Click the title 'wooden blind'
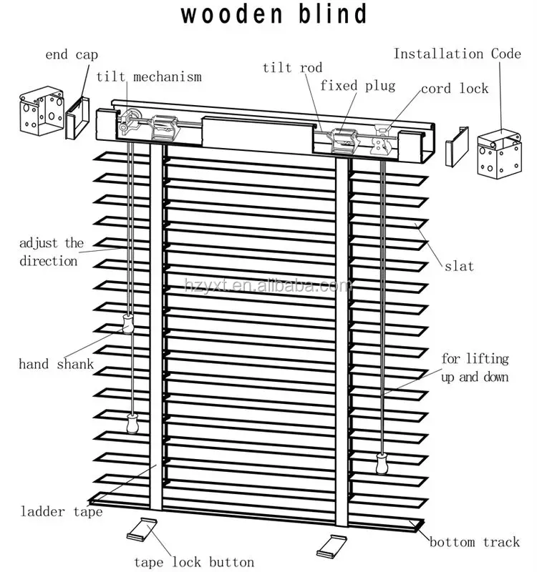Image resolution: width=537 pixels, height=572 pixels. pos(274,14)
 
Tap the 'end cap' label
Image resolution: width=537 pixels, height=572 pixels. pos(72,54)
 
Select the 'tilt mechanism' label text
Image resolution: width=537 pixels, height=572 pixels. pos(149,77)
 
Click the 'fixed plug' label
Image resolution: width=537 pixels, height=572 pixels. pos(357,86)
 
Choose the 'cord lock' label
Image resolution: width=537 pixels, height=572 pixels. pos(455,89)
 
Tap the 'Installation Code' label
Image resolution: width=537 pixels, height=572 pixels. pos(458,54)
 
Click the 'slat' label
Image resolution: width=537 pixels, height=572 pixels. pos(459,266)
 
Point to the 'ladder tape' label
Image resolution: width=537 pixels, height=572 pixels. pos(61,511)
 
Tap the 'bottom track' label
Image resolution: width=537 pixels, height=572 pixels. pos(475,542)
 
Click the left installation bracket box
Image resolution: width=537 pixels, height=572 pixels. pos(42,114)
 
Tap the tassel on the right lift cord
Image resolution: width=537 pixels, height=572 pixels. pos(382,465)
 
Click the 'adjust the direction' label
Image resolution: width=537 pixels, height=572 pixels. pos(49,252)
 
